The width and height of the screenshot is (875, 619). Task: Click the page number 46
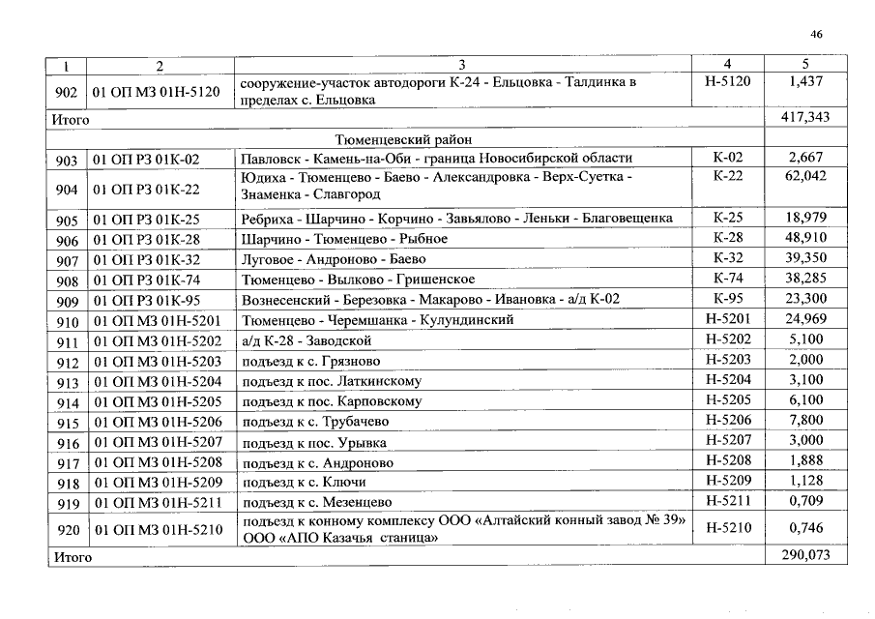pos(816,35)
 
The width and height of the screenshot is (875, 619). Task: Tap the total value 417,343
pos(805,118)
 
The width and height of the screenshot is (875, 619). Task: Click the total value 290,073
pos(805,556)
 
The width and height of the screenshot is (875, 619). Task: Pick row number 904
pos(67,191)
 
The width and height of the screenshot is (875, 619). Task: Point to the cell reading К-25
pos(727,219)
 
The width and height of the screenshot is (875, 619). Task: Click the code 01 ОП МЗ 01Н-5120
pos(157,94)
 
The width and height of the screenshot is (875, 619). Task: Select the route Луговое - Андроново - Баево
pos(333,259)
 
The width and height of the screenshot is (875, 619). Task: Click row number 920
pos(67,531)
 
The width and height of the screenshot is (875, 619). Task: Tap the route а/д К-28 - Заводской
pos(306,340)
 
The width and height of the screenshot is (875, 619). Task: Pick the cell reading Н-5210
pos(727,528)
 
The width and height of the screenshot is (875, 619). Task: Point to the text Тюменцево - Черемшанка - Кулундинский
pos(377,320)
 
